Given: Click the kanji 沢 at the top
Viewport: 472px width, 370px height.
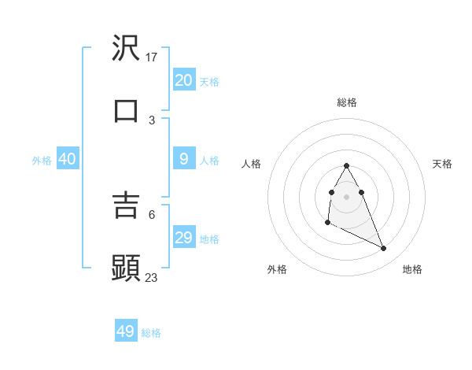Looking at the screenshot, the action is click(x=127, y=49).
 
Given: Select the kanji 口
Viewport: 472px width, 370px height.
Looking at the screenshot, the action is click(x=127, y=111).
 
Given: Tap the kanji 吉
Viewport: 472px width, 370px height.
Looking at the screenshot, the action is click(x=127, y=206).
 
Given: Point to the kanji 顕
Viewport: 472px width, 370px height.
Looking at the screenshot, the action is click(x=127, y=268).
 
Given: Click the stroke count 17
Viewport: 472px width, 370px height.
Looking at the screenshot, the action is click(x=152, y=57).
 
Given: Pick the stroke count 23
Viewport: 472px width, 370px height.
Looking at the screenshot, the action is click(x=152, y=277).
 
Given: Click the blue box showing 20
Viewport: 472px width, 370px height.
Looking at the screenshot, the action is click(x=184, y=80).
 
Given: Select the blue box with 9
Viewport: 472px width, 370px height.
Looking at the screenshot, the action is click(x=184, y=159).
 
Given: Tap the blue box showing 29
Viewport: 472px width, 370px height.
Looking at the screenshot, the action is click(x=184, y=238).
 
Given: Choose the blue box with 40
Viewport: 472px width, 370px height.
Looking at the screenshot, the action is click(x=68, y=159).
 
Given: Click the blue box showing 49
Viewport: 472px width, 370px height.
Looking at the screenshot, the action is click(x=126, y=331).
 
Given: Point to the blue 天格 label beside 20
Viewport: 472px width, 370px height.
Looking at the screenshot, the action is click(x=209, y=81).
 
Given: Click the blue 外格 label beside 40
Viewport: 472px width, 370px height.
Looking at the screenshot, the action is click(x=42, y=160).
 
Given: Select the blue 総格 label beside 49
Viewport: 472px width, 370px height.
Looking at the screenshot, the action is click(x=151, y=333).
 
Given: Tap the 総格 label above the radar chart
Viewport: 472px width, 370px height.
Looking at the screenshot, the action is click(x=346, y=102).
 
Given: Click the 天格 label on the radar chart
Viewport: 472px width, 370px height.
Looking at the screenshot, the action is click(x=442, y=164).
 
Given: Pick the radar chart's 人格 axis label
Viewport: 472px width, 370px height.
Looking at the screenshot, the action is click(x=251, y=164).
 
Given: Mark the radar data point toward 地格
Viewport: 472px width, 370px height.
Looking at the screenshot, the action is click(x=384, y=249).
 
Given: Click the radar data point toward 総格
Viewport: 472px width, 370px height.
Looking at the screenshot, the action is click(x=346, y=165).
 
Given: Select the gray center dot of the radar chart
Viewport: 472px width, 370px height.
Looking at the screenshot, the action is click(x=346, y=196).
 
